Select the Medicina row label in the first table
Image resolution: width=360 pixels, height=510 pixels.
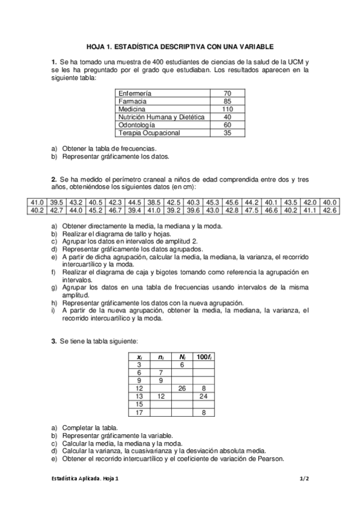(130, 109)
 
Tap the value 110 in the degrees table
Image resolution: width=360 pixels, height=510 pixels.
(227, 109)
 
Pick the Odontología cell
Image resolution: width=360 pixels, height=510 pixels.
(137, 124)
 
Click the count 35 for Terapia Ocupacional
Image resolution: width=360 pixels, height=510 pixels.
(227, 132)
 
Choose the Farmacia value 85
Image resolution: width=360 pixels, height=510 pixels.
(227, 102)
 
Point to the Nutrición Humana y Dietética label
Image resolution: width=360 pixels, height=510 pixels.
(161, 117)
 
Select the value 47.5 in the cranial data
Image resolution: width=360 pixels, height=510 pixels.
(252, 210)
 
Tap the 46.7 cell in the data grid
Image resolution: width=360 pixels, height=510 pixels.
(115, 210)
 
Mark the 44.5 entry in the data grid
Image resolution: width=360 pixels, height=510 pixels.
(135, 202)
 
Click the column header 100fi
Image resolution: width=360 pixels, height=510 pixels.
(204, 357)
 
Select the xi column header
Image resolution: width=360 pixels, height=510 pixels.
(139, 357)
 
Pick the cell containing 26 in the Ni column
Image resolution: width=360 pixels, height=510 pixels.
(182, 389)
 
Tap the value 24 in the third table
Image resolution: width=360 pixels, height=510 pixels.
(204, 396)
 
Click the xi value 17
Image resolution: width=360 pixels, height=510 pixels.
(139, 412)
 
